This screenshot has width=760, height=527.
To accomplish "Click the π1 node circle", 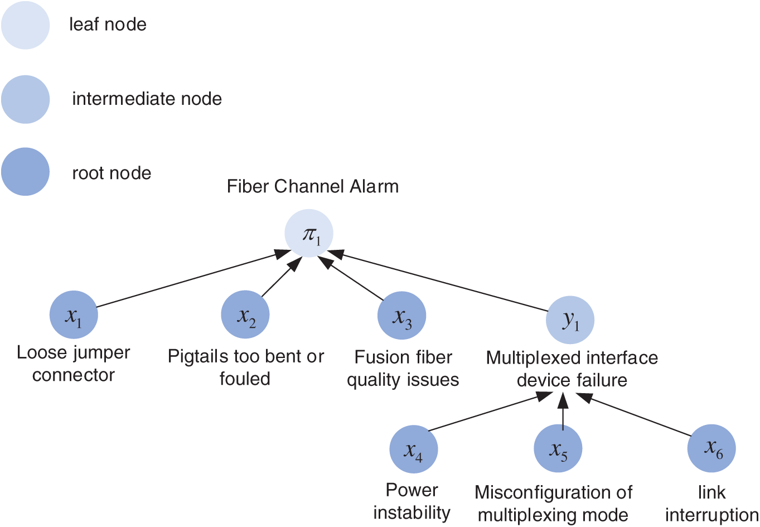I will point(309,233).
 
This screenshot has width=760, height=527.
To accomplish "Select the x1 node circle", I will point(74,315).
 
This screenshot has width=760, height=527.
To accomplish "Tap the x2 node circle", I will point(245,315).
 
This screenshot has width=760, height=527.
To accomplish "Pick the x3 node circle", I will point(401,316).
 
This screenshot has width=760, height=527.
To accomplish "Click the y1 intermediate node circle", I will point(570,320).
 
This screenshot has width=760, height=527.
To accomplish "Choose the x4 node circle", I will point(413,449).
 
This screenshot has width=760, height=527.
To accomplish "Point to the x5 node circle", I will point(558,448).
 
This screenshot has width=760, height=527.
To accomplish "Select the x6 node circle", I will point(711,448).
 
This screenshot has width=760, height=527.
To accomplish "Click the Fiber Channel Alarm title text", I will point(313,186).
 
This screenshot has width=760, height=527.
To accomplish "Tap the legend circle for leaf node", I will point(26,25).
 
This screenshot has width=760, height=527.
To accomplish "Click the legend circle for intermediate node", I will point(26,99).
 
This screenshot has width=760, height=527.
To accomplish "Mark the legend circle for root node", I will point(26,172).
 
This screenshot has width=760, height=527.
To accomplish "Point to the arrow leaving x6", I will point(636,415).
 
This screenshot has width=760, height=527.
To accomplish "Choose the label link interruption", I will point(711,504).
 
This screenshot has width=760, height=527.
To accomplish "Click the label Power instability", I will point(412,501).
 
